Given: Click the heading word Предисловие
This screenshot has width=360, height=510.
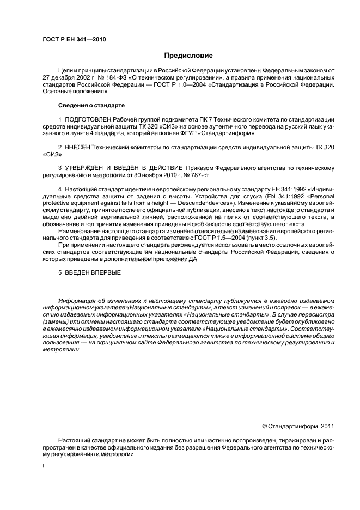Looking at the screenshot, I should click(x=188, y=56).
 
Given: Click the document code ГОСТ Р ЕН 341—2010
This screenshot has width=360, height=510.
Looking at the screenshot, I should click(x=70, y=39).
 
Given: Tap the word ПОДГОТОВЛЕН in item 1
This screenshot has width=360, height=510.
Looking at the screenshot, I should click(x=88, y=119).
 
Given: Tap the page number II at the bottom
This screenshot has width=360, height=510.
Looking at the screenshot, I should click(x=45, y=466).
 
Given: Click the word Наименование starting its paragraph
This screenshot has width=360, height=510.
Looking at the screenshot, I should click(x=81, y=232).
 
